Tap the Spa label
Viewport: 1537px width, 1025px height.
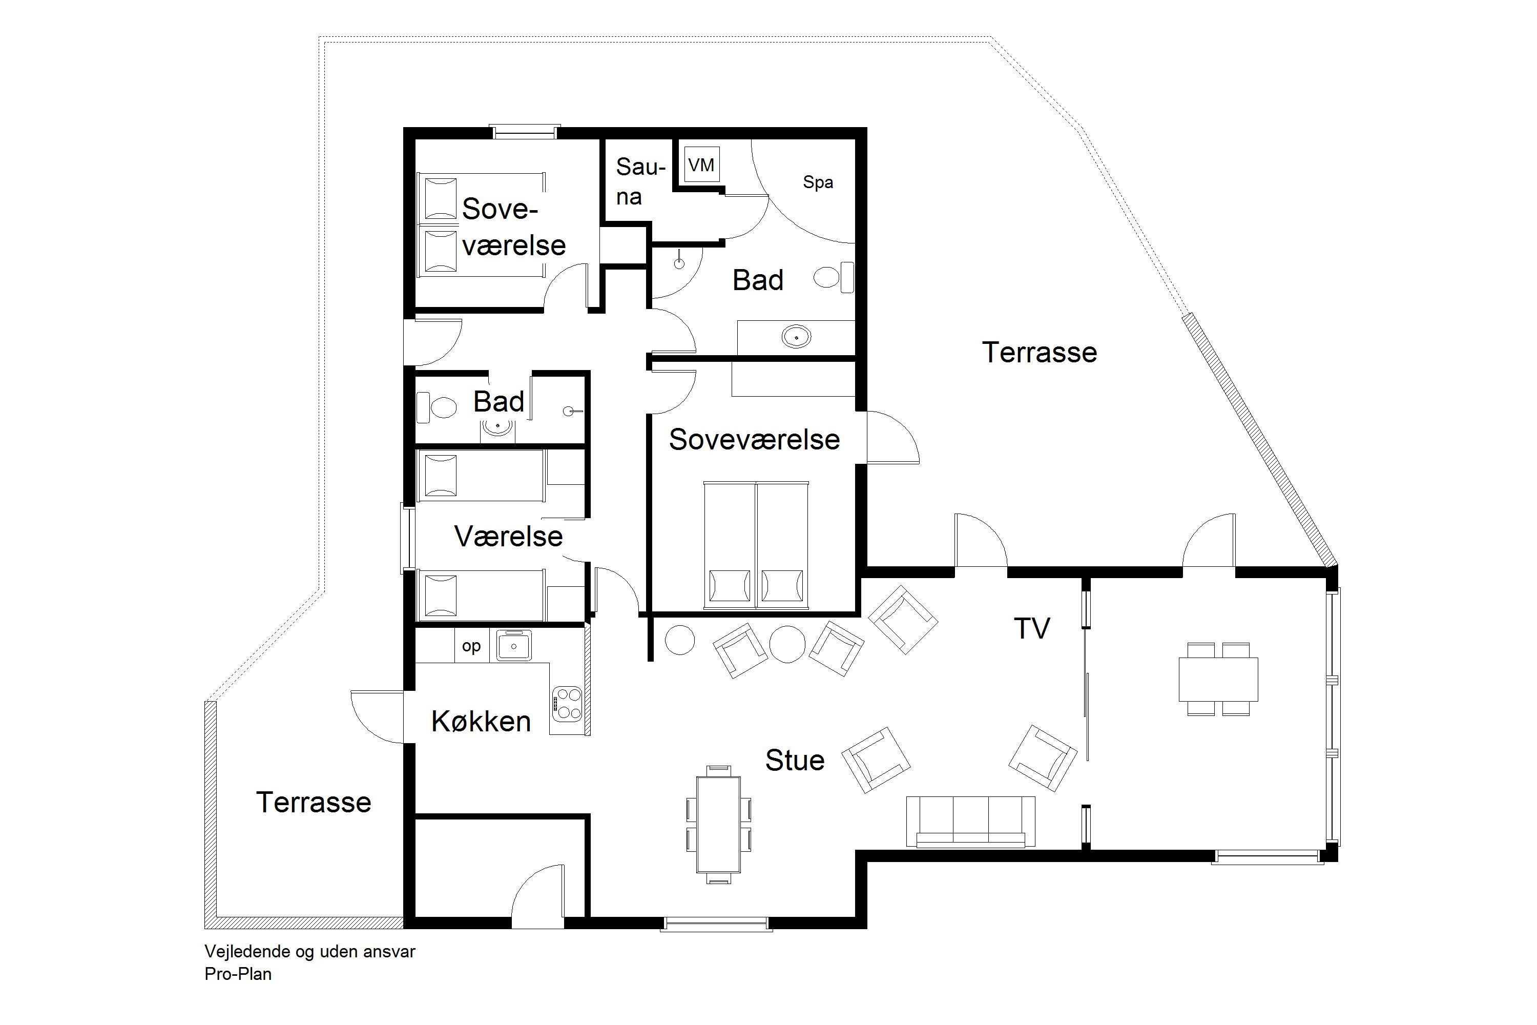(x=818, y=182)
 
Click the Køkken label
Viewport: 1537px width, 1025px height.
(x=481, y=722)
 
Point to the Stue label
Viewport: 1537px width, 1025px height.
(x=795, y=760)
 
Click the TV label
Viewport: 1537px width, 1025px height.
(x=1032, y=628)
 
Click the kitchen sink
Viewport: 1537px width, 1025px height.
(x=514, y=646)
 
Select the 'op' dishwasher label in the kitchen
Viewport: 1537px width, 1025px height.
(x=471, y=646)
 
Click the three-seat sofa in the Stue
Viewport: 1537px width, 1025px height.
(x=970, y=822)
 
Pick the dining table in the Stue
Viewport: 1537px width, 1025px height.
(x=718, y=824)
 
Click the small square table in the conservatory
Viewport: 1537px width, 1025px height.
(x=1218, y=679)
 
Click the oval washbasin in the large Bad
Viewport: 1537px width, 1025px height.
(x=796, y=337)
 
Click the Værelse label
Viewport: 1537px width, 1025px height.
(x=508, y=537)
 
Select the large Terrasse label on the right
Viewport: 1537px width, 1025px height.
(x=1040, y=353)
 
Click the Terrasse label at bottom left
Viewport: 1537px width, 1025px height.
(x=314, y=802)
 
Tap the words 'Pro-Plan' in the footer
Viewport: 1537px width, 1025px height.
(x=238, y=974)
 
